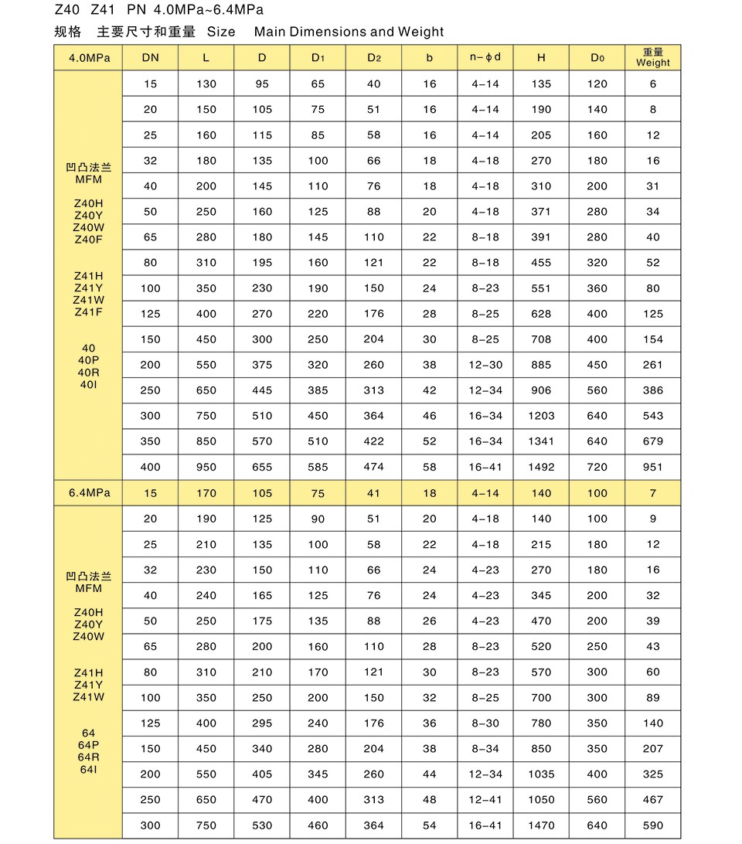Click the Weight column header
pyautogui.click(x=653, y=58)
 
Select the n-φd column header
pyautogui.click(x=485, y=57)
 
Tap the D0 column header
pyautogui.click(x=597, y=58)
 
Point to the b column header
pyautogui.click(x=430, y=58)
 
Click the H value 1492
pyautogui.click(x=541, y=467)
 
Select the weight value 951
pyautogui.click(x=653, y=467)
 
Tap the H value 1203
pyautogui.click(x=541, y=416)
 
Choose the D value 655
pyautogui.click(x=262, y=467)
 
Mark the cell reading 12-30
pyautogui.click(x=485, y=365)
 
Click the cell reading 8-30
pyautogui.click(x=485, y=723)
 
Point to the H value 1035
pyautogui.click(x=541, y=774)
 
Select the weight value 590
pyautogui.click(x=653, y=825)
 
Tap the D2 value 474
pyautogui.click(x=374, y=467)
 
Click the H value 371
pyautogui.click(x=541, y=212)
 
